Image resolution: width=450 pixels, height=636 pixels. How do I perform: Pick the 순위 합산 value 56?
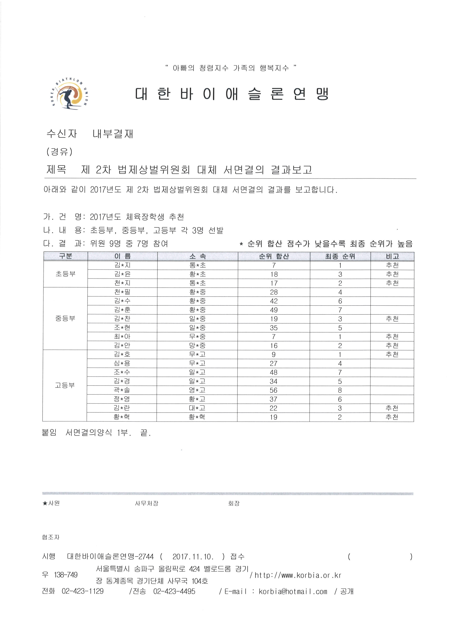[273, 390]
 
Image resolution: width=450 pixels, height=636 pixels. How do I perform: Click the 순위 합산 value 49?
[274, 310]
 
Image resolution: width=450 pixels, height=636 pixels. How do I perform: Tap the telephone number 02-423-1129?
[83, 591]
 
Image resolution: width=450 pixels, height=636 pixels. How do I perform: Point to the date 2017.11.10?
[193, 557]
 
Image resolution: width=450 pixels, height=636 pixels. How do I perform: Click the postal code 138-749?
[66, 575]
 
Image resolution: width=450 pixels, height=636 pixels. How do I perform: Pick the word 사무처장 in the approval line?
[147, 503]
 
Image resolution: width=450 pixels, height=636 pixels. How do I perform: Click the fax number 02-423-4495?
[174, 591]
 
